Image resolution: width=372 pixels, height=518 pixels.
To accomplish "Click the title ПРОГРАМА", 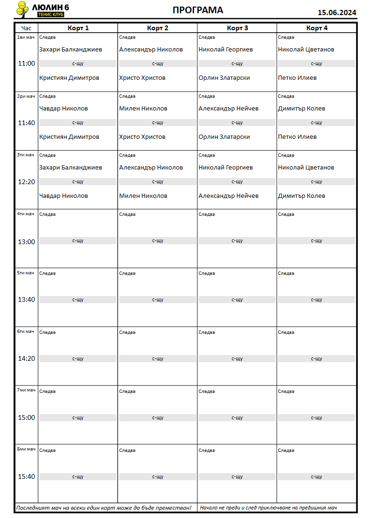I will point(198,10).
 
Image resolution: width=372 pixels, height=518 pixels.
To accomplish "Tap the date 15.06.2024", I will point(337,13).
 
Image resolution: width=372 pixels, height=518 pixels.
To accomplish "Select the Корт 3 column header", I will point(237,28).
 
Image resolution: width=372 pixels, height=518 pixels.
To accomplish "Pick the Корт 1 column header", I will point(78,28).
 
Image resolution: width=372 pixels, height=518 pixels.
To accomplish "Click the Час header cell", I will point(26,28).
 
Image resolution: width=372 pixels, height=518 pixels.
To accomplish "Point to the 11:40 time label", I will point(26,123).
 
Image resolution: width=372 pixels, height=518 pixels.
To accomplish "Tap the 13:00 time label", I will point(26,242).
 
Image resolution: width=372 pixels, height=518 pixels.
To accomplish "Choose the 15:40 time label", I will point(26,476).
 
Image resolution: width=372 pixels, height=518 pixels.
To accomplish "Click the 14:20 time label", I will point(26,358).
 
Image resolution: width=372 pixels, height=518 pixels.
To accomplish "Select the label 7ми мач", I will point(26,390).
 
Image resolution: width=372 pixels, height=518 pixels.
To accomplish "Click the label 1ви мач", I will point(26,37).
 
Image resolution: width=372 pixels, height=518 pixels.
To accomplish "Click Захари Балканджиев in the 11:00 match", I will point(70,50).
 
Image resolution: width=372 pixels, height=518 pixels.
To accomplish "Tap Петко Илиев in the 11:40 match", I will point(297,137).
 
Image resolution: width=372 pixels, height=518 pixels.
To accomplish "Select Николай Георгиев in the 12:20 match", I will point(225,168).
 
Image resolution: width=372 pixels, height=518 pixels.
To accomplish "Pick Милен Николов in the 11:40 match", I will point(143,109).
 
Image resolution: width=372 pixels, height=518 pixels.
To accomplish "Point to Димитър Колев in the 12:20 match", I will point(302,196).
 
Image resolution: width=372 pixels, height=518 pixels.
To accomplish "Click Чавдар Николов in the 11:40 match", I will point(63,109).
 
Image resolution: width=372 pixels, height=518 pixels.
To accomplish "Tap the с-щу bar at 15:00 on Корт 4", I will point(316,418).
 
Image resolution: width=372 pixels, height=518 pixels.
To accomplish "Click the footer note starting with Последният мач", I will point(104,508).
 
